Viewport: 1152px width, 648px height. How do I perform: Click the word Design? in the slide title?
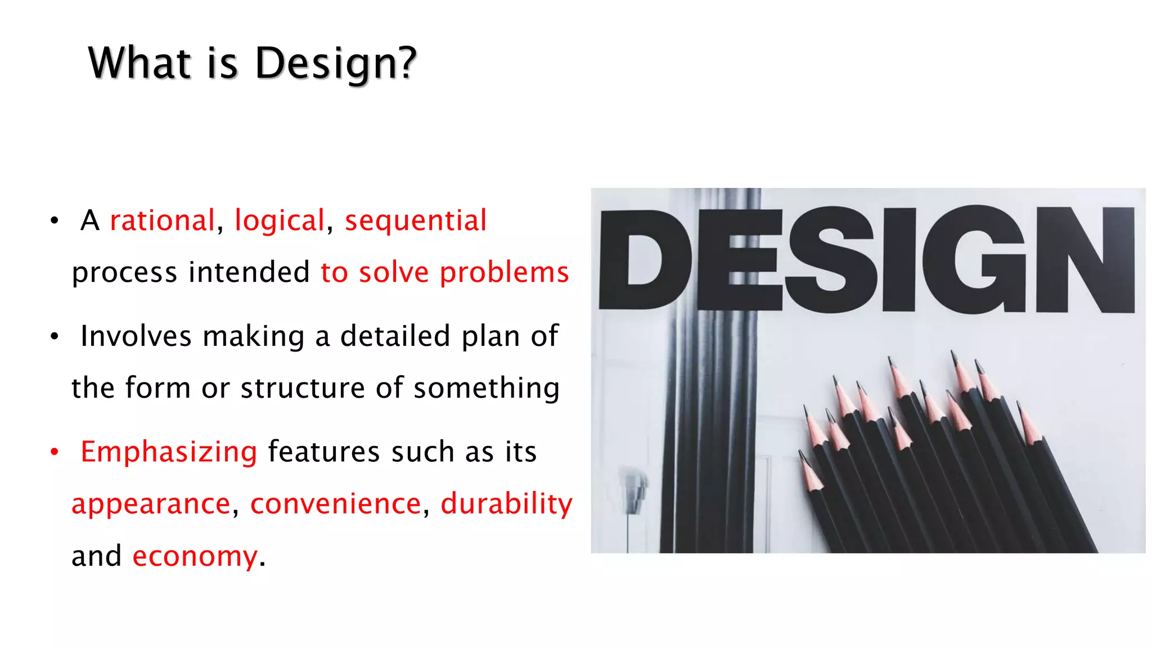pos(335,63)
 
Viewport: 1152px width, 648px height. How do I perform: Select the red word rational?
pos(162,220)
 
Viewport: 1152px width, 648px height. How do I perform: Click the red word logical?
pos(280,220)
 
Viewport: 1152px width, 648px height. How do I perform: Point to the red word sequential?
pos(415,220)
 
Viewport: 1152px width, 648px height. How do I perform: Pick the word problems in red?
pos(504,273)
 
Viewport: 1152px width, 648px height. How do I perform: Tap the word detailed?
pos(395,336)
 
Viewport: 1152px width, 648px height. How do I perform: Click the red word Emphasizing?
pos(169,452)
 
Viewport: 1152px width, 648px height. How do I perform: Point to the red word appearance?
pos(151,504)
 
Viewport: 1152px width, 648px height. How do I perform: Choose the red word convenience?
pos(335,504)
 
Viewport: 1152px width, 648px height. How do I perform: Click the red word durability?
pos(506,504)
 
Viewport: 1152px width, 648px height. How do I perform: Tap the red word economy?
pos(195,556)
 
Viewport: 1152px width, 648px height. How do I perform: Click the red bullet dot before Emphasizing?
pos(55,452)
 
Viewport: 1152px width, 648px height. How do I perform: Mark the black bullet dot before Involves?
pos(55,336)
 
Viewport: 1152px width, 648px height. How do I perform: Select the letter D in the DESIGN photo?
pos(644,259)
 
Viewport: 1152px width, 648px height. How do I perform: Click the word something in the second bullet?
pos(486,388)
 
